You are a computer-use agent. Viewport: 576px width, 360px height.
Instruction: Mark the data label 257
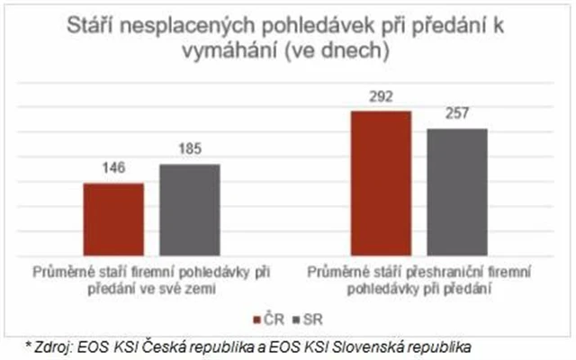click(456, 115)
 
